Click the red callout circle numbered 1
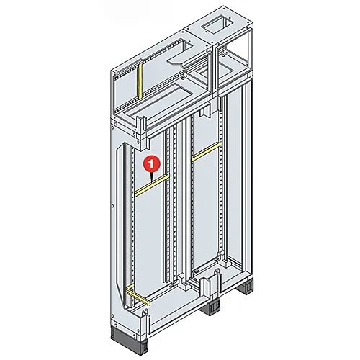click(151, 164)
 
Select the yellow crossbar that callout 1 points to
click(152, 185)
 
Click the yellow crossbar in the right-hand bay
click(207, 151)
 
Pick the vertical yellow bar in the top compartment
click(140, 81)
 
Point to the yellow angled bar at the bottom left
click(138, 294)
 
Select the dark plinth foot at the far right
click(248, 287)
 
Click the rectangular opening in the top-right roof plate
click(217, 26)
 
